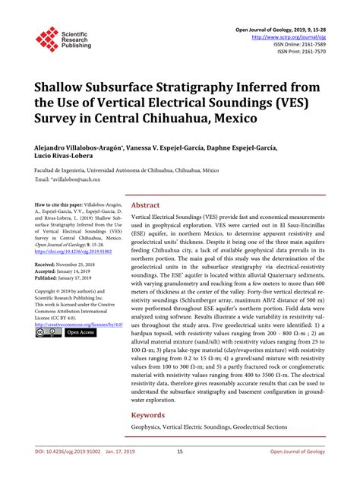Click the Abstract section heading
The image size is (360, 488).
pyautogui.click(x=145, y=205)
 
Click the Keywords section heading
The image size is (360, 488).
pyautogui.click(x=149, y=415)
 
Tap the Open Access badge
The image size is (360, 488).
pyautogui.click(x=79, y=332)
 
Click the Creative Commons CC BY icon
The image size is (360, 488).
pyautogui.click(x=48, y=332)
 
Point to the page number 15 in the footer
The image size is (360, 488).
pyautogui.click(x=180, y=471)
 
